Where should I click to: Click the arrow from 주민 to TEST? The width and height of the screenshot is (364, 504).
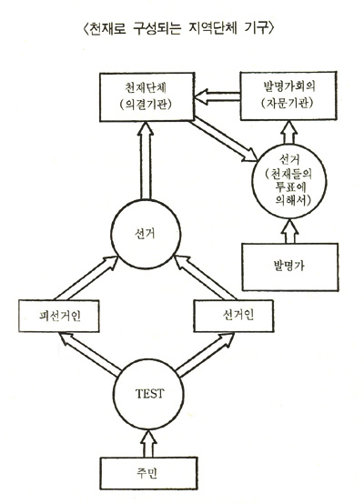(x=149, y=443)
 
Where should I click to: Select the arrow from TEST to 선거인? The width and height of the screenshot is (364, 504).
(x=205, y=354)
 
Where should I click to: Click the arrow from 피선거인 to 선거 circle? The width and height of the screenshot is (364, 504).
(x=86, y=277)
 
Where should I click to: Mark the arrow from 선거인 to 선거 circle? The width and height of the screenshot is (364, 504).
(x=205, y=277)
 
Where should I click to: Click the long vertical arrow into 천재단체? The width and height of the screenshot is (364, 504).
(x=146, y=160)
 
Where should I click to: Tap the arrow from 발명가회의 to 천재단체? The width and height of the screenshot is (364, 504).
(x=217, y=96)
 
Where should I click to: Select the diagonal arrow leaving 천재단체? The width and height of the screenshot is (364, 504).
(x=225, y=139)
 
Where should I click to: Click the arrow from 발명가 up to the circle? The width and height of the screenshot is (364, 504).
(x=290, y=230)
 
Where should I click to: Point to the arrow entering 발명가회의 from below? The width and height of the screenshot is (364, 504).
(x=289, y=132)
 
